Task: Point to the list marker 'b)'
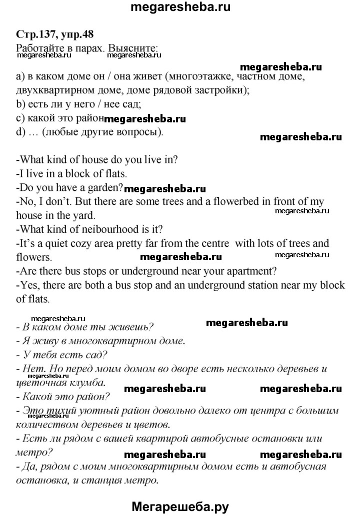click(x=20, y=105)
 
